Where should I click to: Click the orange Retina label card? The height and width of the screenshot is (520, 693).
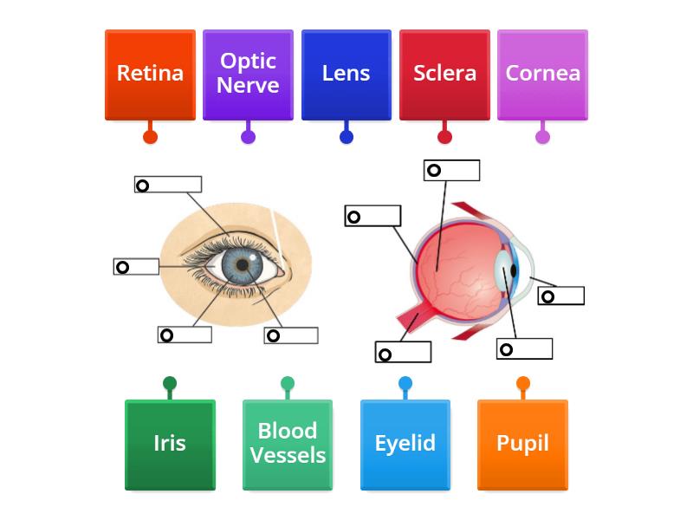click(x=150, y=75)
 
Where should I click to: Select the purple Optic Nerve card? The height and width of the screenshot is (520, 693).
click(x=248, y=75)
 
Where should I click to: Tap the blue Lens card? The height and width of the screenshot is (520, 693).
click(x=346, y=75)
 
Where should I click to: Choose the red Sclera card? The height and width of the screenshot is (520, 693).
click(x=444, y=75)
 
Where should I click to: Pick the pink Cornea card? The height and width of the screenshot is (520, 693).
click(x=542, y=75)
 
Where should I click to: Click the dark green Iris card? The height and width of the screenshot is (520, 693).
click(x=170, y=444)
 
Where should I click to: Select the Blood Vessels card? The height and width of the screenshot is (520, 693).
click(x=288, y=444)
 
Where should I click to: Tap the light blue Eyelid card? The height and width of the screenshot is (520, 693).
click(x=405, y=444)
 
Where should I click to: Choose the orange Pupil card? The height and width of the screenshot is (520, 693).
click(x=523, y=444)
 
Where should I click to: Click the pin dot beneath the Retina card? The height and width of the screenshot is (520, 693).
click(x=150, y=136)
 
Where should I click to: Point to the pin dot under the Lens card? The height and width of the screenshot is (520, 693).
click(x=346, y=136)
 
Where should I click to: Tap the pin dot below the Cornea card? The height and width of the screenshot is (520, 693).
click(x=542, y=136)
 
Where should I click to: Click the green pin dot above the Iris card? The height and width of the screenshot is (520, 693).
click(x=170, y=383)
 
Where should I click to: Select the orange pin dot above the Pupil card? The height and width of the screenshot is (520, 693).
click(x=523, y=383)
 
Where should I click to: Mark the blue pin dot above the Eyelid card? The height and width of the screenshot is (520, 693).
click(x=405, y=383)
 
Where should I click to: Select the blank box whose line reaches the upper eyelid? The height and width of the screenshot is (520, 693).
click(x=168, y=185)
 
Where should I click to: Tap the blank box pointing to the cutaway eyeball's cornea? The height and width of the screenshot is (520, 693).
click(x=561, y=296)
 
